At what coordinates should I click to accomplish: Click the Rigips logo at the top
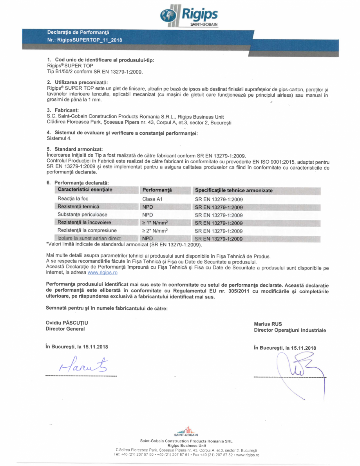click(189, 15)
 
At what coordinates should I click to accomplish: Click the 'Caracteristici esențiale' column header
click(85, 190)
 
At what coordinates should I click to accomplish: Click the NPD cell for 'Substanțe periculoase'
click(148, 215)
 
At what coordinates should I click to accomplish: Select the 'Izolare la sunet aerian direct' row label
click(89, 238)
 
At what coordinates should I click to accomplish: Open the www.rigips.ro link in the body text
click(102, 273)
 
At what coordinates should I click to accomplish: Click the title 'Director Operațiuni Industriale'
click(289, 331)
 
